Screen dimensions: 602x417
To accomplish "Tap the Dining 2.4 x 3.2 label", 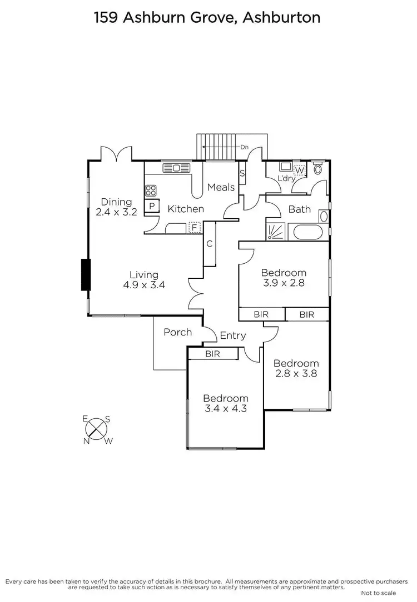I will pyautogui.click(x=116, y=207).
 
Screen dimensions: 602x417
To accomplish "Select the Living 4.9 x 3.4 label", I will pyautogui.click(x=144, y=279).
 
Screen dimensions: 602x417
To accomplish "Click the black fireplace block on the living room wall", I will pyautogui.click(x=85, y=274).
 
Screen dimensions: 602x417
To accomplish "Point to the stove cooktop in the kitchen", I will pyautogui.click(x=151, y=190).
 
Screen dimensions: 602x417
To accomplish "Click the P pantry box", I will pyautogui.click(x=152, y=206).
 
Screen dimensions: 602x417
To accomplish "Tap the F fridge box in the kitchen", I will pyautogui.click(x=195, y=227).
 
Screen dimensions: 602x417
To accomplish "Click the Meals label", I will pyautogui.click(x=221, y=187).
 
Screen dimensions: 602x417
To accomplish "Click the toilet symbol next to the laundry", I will pyautogui.click(x=317, y=168).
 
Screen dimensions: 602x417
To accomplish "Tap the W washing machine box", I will pyautogui.click(x=300, y=170).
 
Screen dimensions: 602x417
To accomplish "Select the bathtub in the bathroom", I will pyautogui.click(x=309, y=232).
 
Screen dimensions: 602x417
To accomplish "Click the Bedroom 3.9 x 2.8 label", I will pyautogui.click(x=284, y=277).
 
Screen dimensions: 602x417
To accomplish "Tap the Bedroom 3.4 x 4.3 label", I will pyautogui.click(x=225, y=403).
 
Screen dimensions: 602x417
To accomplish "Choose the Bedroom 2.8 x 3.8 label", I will pyautogui.click(x=296, y=368).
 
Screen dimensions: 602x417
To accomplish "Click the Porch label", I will pyautogui.click(x=177, y=332).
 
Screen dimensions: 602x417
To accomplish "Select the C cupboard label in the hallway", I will pyautogui.click(x=210, y=243).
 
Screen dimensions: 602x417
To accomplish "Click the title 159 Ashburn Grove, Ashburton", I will pyautogui.click(x=208, y=17).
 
